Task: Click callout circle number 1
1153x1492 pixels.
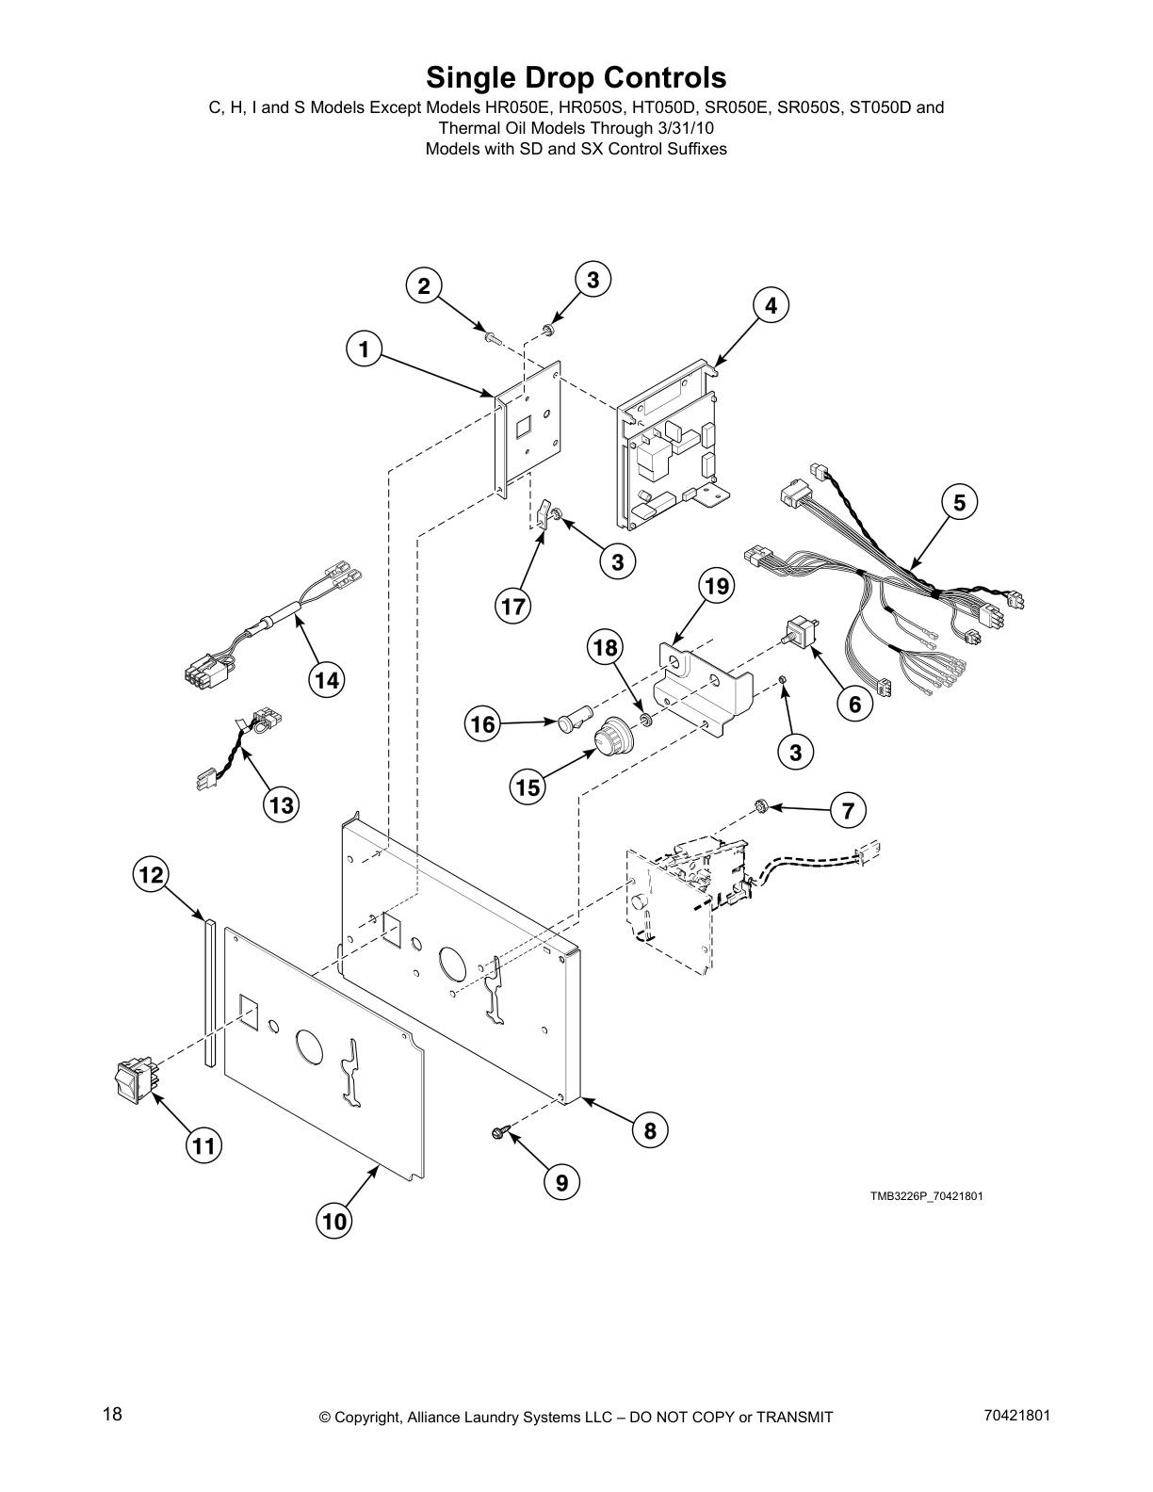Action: click(x=364, y=350)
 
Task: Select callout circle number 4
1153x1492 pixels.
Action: click(x=770, y=305)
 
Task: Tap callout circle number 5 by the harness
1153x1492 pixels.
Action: click(x=958, y=502)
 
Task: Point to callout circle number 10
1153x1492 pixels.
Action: click(x=333, y=1222)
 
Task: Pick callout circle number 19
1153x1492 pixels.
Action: click(x=716, y=587)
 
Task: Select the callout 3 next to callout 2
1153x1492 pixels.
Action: click(x=593, y=280)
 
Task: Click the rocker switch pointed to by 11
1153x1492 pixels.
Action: click(x=133, y=1079)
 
